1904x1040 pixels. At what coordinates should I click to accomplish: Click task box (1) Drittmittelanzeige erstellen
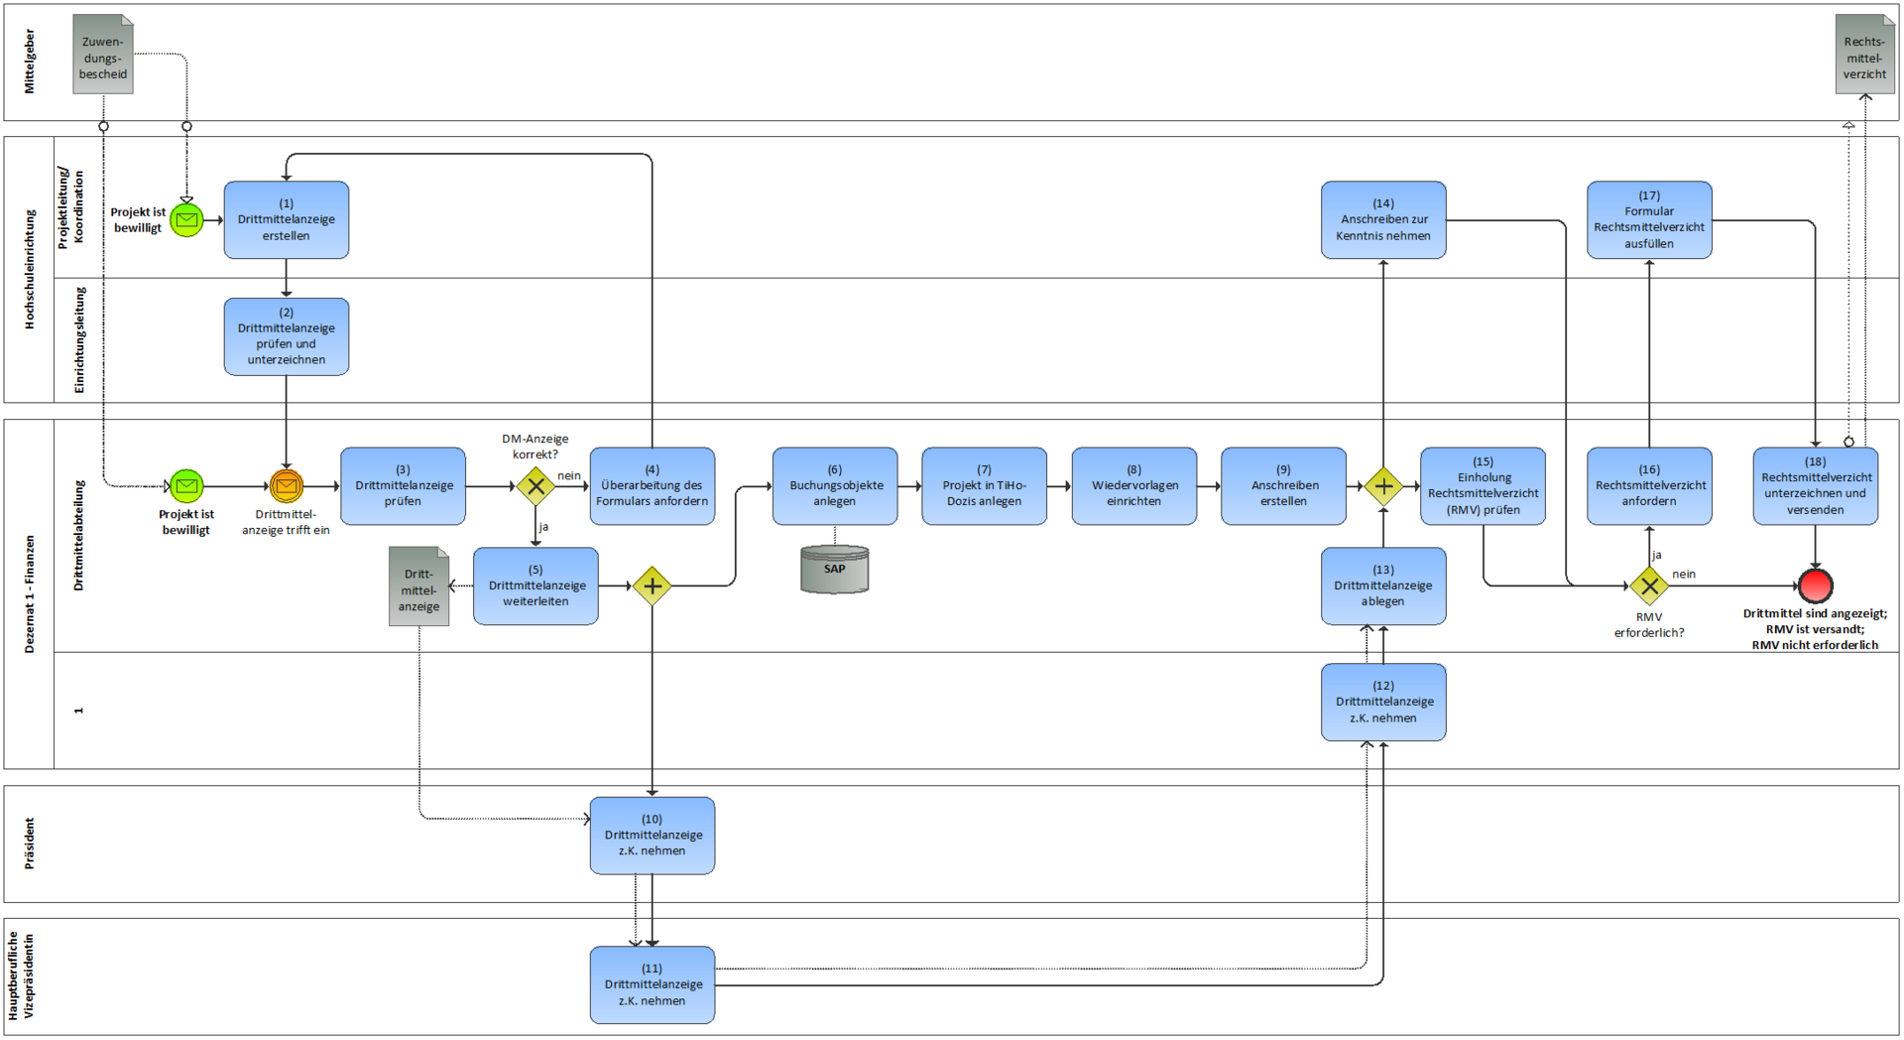pos(286,219)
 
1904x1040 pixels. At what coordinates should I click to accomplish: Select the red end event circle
pos(1815,585)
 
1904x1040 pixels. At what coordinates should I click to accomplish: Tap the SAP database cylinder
pos(834,570)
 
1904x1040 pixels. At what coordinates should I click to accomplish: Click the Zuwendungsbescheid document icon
pos(103,56)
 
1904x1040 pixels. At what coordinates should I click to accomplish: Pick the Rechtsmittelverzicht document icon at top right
pos(1864,56)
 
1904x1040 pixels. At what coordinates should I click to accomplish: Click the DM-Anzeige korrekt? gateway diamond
pos(535,486)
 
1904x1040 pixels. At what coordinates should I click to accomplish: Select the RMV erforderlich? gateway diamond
pos(1649,585)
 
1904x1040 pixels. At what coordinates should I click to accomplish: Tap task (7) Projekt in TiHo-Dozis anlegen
pos(984,485)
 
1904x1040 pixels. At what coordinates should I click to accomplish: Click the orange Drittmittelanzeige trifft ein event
pos(286,486)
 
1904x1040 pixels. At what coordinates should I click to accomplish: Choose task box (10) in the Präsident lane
pos(652,835)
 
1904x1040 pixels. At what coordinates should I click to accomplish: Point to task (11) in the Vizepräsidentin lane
pos(652,984)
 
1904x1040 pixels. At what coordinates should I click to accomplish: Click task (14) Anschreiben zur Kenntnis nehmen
pos(1382,219)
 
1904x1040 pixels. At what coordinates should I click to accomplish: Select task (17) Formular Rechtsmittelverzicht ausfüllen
pos(1649,219)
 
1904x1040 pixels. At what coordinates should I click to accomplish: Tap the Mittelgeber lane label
pos(29,62)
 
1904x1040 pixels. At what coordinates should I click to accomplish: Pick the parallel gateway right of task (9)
pos(1382,486)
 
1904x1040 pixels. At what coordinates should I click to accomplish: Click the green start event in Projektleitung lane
pos(186,219)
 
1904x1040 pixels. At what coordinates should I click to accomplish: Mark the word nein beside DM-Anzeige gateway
pos(569,475)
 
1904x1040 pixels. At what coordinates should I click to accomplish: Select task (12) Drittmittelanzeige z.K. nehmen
pos(1382,702)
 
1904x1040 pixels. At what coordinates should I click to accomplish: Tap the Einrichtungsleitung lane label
pos(79,339)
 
